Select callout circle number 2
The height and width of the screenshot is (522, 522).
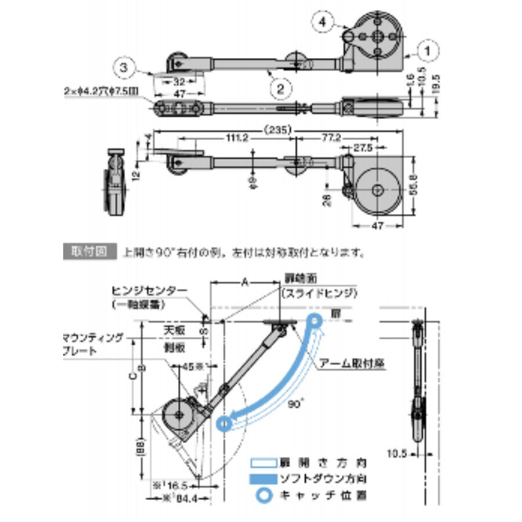[280, 88]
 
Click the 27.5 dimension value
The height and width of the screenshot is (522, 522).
[364, 148]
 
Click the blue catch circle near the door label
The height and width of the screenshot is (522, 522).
[314, 320]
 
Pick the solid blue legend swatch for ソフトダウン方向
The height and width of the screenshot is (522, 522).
[263, 480]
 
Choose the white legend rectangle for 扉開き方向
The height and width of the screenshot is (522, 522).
[263, 464]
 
